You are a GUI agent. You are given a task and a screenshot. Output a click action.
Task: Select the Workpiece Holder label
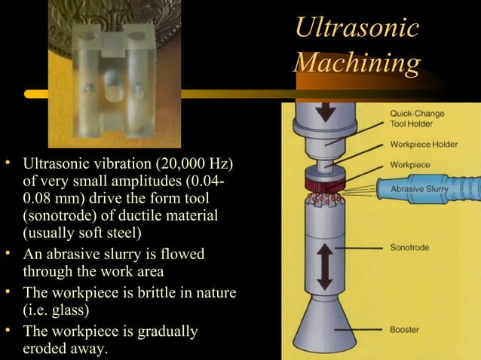423,145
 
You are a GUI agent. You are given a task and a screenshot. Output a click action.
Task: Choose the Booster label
405,329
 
